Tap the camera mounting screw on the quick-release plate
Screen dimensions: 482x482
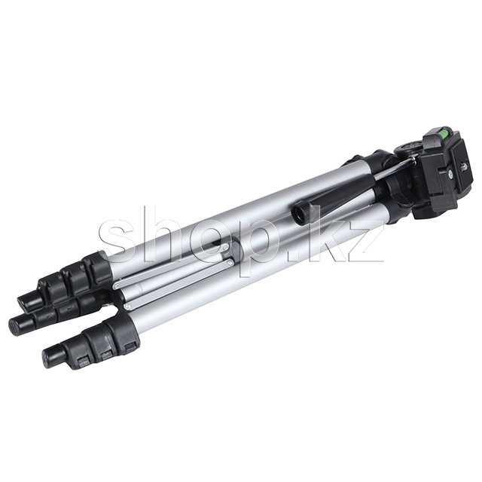(463, 167)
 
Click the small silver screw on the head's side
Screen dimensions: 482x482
(450, 172)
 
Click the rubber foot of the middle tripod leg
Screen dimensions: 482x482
(21, 323)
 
